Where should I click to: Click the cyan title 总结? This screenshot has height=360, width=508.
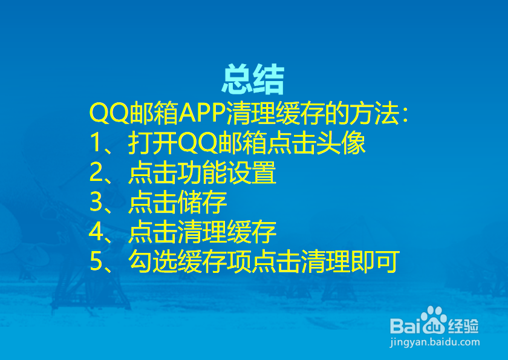coord(253,79)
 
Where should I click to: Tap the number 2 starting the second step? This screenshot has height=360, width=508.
coord(97,174)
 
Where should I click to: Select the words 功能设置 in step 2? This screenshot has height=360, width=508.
coord(227,174)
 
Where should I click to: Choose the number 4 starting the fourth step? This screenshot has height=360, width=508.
coord(97,232)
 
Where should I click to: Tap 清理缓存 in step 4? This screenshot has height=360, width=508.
coord(227,232)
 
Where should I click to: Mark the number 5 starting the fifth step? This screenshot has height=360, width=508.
coord(97,262)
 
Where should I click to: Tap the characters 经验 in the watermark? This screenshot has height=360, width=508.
coord(463,326)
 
